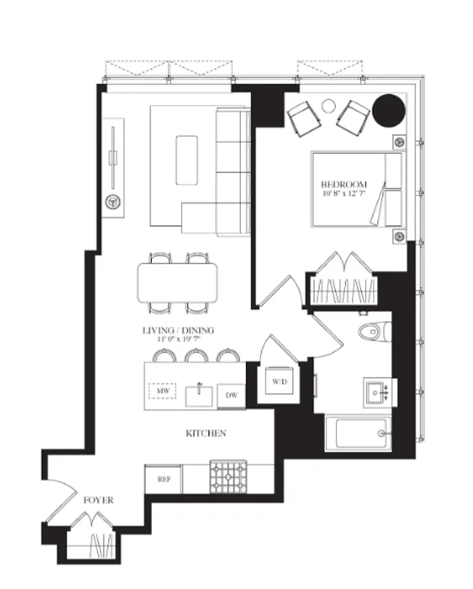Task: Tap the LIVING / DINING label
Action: pyautogui.click(x=178, y=331)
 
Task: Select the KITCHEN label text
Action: pyautogui.click(x=206, y=434)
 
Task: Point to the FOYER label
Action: pyautogui.click(x=98, y=500)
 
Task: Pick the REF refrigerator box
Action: pyautogui.click(x=163, y=479)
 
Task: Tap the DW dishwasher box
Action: pyautogui.click(x=231, y=396)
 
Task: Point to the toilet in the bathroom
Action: pyautogui.click(x=373, y=332)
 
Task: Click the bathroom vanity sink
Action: pyautogui.click(x=380, y=392)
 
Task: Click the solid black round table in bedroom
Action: pyautogui.click(x=388, y=110)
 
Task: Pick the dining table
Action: pyautogui.click(x=178, y=281)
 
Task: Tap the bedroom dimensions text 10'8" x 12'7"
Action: pyautogui.click(x=344, y=194)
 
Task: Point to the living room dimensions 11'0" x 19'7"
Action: pyautogui.click(x=178, y=341)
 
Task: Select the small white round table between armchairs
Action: pyautogui.click(x=329, y=106)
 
